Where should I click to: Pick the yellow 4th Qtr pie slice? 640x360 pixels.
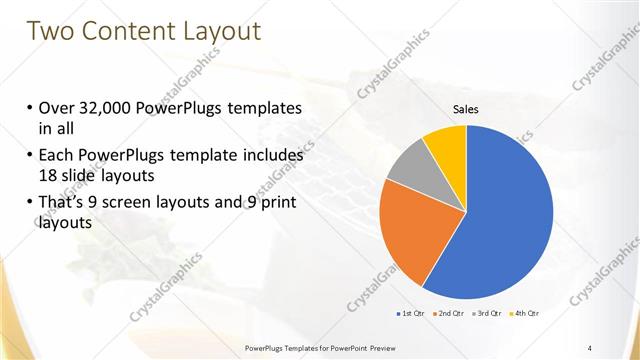tap(446, 144)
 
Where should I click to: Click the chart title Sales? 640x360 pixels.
tap(466, 108)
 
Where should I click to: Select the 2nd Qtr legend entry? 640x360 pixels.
tap(450, 315)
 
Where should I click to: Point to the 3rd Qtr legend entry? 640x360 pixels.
tap(489, 315)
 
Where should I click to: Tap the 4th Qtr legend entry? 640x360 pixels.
tap(527, 315)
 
